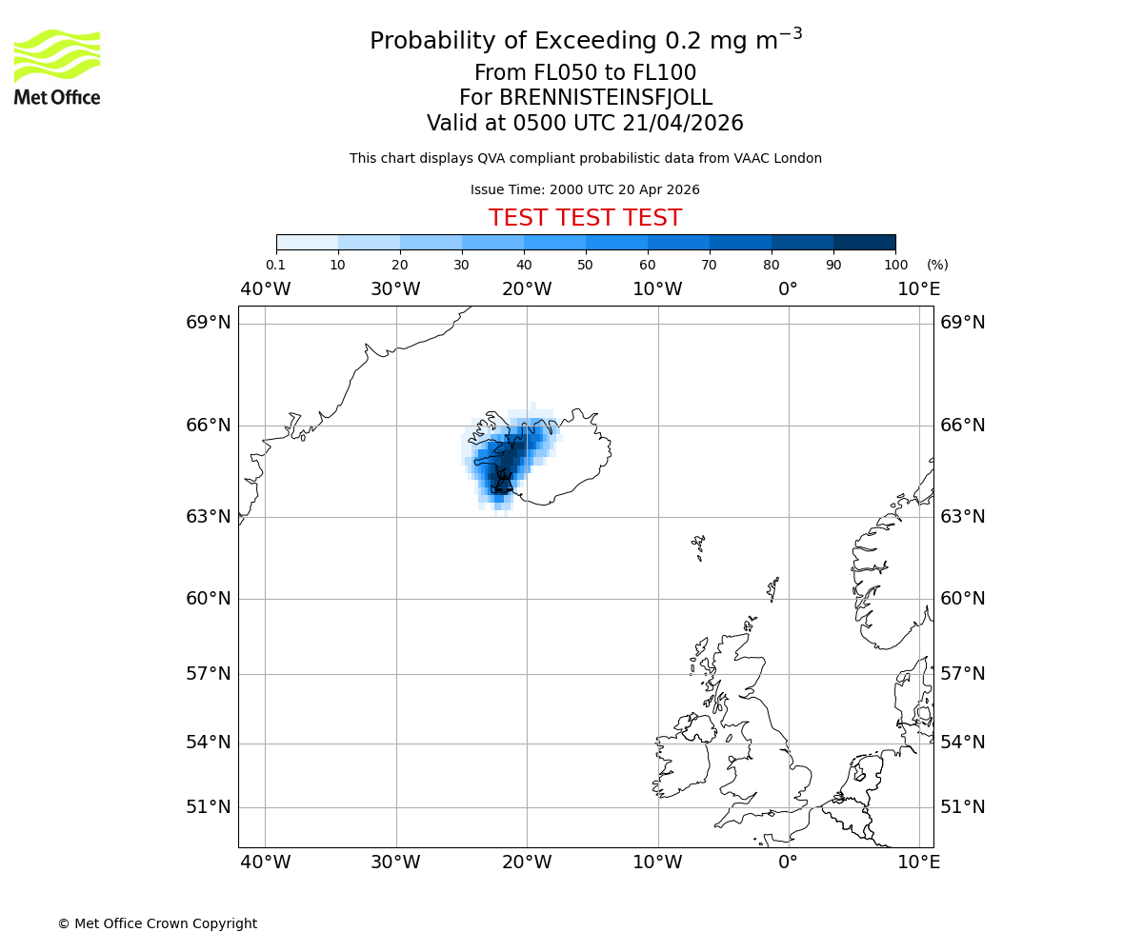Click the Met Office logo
(57, 67)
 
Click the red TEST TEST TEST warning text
(585, 218)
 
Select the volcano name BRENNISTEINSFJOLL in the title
(585, 98)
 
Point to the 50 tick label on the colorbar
(585, 265)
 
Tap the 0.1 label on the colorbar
(275, 265)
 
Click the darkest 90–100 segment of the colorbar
(864, 242)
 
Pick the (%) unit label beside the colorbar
(937, 265)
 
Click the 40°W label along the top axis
(265, 289)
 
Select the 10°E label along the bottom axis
(918, 863)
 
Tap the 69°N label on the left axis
(208, 323)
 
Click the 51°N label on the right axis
(962, 807)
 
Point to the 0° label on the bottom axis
(788, 863)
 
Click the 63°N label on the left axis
(208, 517)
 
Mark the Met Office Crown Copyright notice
(157, 923)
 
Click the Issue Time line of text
(585, 189)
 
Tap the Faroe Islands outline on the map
(699, 545)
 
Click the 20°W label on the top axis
(527, 289)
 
